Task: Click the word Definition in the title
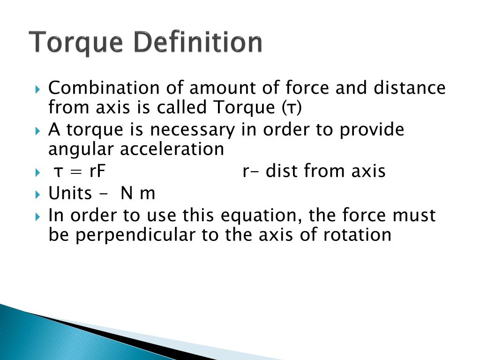point(198,43)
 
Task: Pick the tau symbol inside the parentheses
point(292,108)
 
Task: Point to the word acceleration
point(172,149)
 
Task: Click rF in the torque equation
point(97,171)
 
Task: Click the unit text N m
point(138,193)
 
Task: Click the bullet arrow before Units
point(38,193)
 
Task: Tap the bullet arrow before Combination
point(38,88)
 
